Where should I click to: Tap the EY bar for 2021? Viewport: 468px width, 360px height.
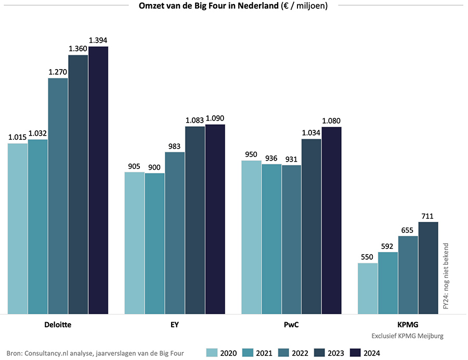pos(154,244)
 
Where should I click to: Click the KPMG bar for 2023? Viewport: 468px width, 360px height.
pos(428,268)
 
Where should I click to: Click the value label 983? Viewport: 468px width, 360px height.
pos(175,146)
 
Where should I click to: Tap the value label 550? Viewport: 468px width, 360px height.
pos(368,257)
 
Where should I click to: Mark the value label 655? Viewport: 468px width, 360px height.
pos(408,230)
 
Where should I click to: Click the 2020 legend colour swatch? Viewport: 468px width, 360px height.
pos(212,353)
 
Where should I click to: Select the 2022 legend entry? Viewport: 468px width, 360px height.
pos(295,353)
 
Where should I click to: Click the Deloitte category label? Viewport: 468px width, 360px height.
pos(58,325)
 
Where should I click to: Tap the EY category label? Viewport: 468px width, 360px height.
pos(175,325)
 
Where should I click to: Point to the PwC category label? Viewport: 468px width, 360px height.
pos(291,325)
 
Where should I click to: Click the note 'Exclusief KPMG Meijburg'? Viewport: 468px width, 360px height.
pos(408,336)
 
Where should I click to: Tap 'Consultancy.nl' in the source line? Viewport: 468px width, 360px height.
pos(48,353)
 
